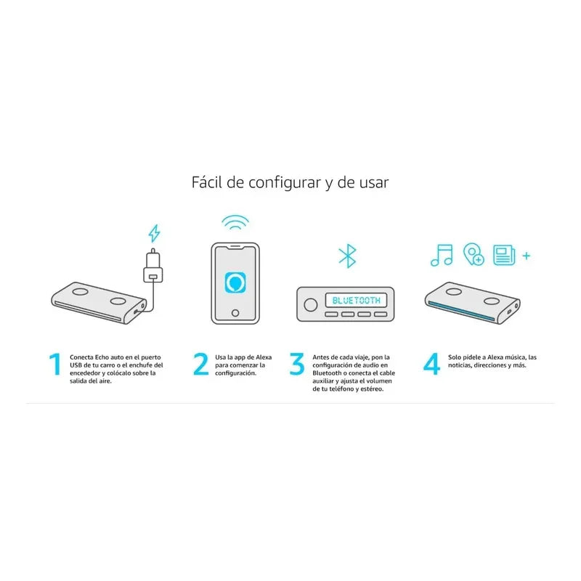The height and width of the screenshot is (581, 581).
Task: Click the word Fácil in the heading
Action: (207, 182)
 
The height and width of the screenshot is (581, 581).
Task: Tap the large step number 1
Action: (54, 365)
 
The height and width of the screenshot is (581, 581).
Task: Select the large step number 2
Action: (201, 365)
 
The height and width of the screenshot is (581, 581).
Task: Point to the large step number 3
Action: (297, 365)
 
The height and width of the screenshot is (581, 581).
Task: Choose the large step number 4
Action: (432, 365)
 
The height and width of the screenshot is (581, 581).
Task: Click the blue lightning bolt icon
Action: (154, 233)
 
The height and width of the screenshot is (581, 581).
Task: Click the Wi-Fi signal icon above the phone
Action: (235, 222)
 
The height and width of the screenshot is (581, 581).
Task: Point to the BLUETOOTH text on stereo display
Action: (356, 299)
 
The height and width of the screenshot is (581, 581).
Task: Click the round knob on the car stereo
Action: (310, 304)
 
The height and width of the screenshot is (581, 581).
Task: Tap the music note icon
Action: (441, 255)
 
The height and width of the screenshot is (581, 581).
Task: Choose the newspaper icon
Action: (503, 255)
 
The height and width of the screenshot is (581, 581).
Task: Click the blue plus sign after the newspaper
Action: (527, 256)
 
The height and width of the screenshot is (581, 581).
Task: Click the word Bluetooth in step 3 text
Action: (328, 373)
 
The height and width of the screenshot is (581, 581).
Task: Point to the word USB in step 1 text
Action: (76, 365)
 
